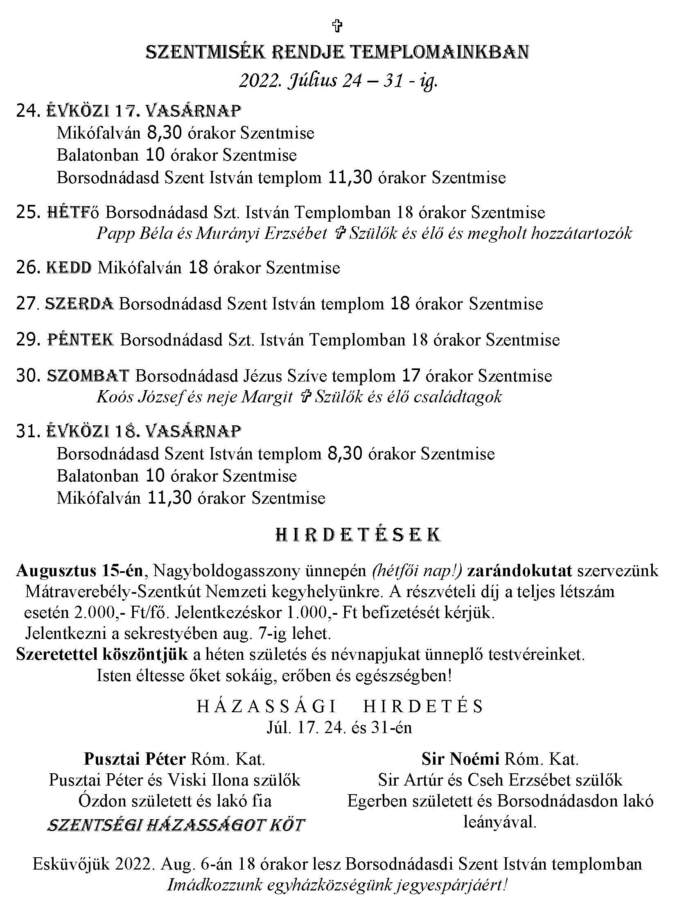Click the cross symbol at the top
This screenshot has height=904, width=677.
coord(337,26)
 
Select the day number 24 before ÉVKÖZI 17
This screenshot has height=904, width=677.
coord(27,111)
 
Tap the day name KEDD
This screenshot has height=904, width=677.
coord(69,268)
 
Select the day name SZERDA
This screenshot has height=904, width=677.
coord(79,304)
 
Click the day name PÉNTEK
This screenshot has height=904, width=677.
coord(80,340)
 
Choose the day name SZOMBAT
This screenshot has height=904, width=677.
coord(88,376)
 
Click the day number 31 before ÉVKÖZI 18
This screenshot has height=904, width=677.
coord(27,431)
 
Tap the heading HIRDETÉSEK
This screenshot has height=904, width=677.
coord(358,535)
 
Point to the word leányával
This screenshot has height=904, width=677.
coord(499,821)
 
